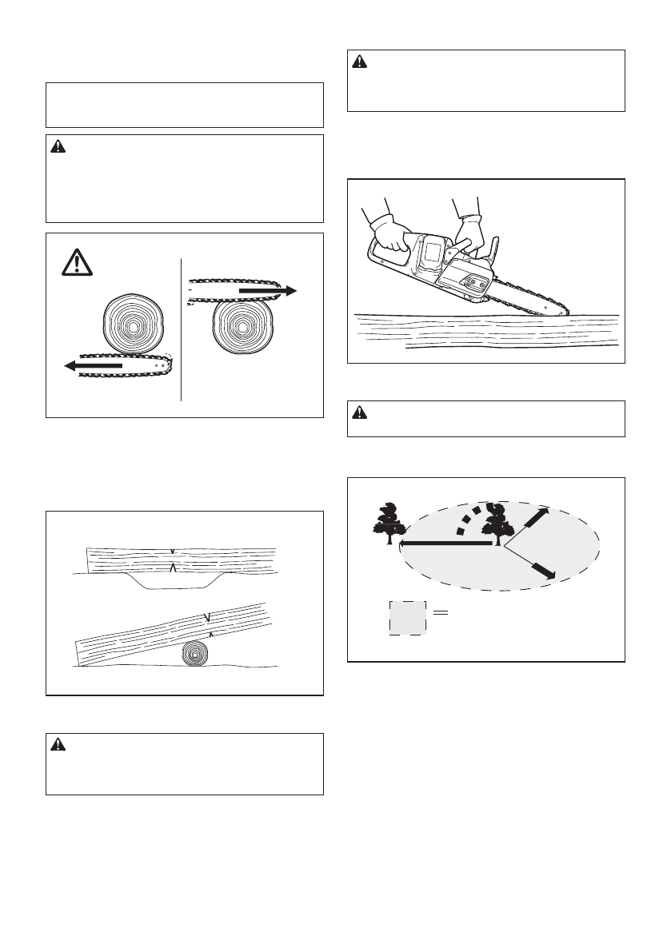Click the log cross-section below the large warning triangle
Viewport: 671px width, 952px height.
[133, 328]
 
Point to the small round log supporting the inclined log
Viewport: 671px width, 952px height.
[194, 651]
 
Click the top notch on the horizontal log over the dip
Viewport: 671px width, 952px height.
[172, 550]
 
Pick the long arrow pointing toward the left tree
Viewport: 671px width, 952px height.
[445, 544]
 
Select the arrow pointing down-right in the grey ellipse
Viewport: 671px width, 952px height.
[543, 568]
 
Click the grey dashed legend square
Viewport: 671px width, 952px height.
[408, 616]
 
